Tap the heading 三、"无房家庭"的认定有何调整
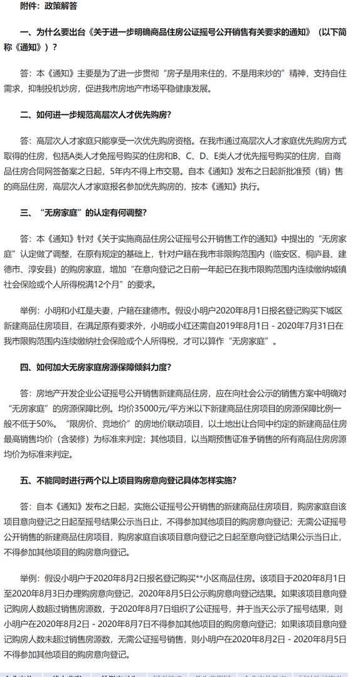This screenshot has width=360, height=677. point(83,212)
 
